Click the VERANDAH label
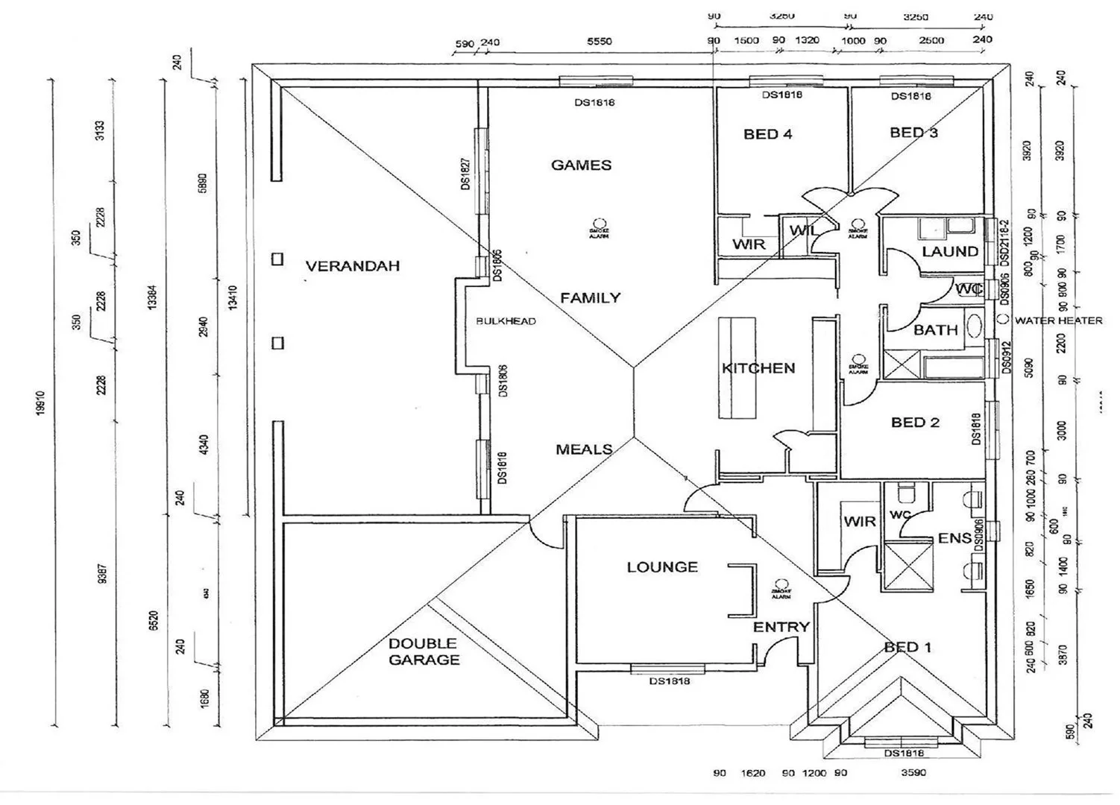tap(353, 266)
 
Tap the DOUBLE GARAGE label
tap(424, 651)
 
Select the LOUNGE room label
tap(662, 567)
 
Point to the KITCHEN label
tap(758, 368)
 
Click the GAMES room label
tap(581, 165)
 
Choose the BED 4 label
tap(767, 134)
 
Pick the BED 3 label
tap(913, 133)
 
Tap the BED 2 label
tap(915, 423)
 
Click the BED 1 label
tap(907, 647)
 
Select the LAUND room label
tap(950, 252)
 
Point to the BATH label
tap(936, 329)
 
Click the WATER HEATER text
tap(1058, 321)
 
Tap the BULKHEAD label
tap(506, 321)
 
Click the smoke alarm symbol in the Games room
tap(600, 223)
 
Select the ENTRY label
tap(781, 628)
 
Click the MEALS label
tap(584, 449)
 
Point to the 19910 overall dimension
tap(41, 403)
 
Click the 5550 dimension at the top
tap(599, 42)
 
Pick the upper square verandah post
tap(277, 259)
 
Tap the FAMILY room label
tap(590, 298)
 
